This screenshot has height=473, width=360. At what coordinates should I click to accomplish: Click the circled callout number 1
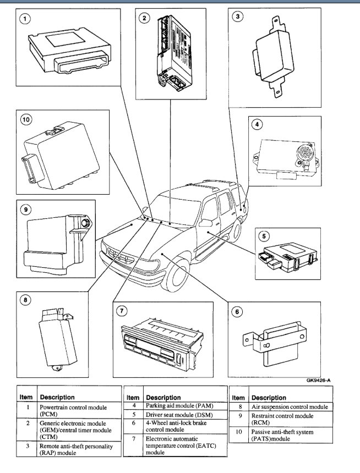tap(23, 19)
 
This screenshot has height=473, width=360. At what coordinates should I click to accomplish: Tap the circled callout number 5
tap(264, 237)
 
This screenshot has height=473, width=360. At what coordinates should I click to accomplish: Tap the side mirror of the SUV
tap(206, 223)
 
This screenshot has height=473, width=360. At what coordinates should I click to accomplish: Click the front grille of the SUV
tap(119, 256)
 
